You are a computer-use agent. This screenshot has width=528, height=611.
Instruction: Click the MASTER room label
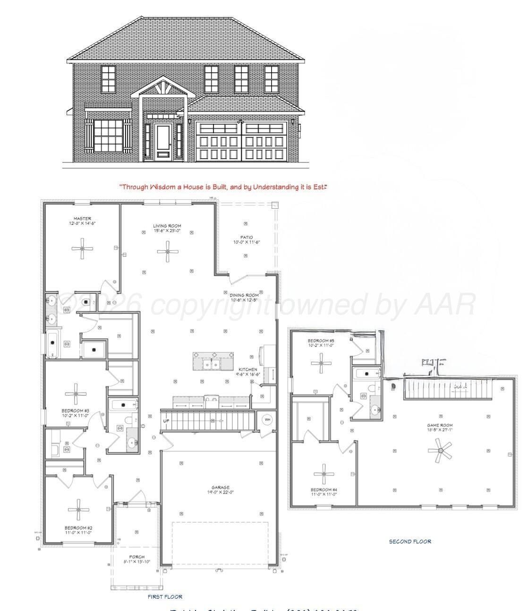(82, 219)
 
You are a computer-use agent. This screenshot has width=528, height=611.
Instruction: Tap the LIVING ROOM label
(167, 226)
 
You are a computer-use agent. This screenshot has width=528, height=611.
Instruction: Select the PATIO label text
(247, 238)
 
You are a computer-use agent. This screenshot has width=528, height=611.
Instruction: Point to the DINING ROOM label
(244, 295)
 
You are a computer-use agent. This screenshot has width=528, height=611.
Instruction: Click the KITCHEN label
(247, 369)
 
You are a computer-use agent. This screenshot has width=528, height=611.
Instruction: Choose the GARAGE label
(221, 487)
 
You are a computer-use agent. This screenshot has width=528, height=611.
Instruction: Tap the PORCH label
(136, 557)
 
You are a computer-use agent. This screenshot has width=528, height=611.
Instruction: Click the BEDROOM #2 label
(78, 527)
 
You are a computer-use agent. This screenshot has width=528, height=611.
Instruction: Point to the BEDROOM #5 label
(321, 340)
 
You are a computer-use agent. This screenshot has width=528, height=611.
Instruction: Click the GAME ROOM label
(440, 425)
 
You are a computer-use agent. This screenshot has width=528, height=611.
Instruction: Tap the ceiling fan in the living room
(168, 252)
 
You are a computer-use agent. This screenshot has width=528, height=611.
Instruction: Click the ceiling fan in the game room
(440, 450)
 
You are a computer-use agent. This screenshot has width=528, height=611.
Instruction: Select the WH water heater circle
(267, 419)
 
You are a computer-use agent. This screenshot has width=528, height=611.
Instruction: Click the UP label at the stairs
(166, 421)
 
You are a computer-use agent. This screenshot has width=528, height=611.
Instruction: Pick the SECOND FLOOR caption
(410, 542)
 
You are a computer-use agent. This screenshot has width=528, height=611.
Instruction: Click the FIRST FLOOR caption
(165, 597)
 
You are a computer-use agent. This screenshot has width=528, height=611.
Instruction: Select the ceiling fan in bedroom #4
(324, 474)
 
